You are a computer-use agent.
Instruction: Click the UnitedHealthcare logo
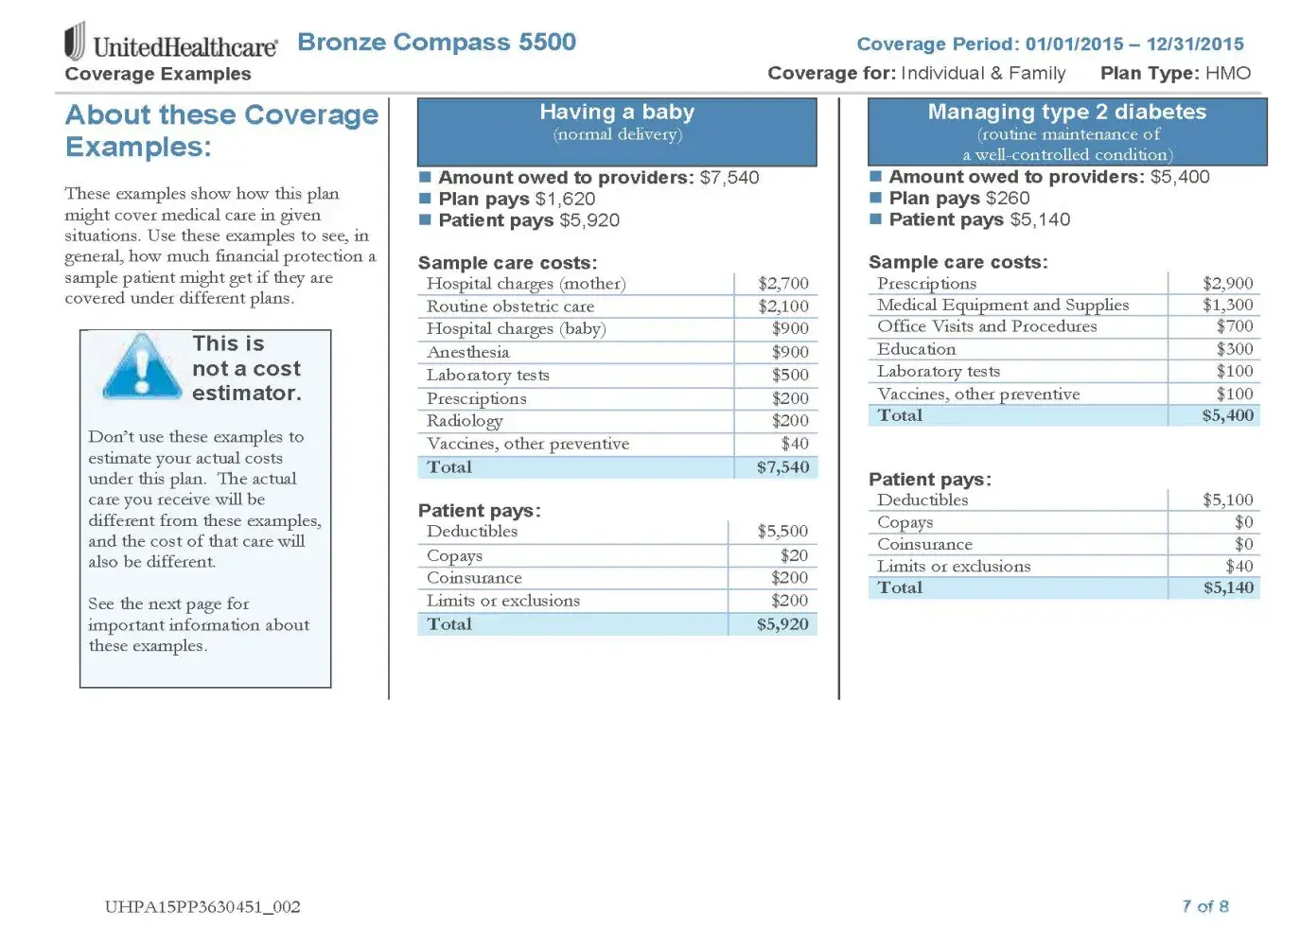(x=170, y=44)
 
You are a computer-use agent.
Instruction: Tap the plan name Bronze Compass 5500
(x=436, y=43)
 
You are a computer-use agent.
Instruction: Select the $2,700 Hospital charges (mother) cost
(x=782, y=284)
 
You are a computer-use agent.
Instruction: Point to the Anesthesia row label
(x=467, y=352)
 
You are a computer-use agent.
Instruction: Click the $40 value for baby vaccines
(x=794, y=444)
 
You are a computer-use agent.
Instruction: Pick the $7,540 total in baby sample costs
(x=782, y=467)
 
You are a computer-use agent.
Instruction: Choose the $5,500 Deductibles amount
(x=782, y=532)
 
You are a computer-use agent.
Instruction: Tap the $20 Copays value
(x=794, y=555)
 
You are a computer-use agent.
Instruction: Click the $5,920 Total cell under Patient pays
(x=782, y=624)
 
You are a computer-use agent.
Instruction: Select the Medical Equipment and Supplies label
(x=1002, y=305)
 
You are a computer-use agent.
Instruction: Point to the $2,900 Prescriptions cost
(x=1227, y=284)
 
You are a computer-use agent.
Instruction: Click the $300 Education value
(x=1234, y=349)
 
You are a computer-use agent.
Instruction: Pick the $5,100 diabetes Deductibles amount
(x=1227, y=500)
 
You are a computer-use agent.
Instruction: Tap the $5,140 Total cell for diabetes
(x=1228, y=587)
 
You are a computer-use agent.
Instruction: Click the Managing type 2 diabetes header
(x=1066, y=113)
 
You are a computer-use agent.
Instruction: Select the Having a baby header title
(x=617, y=113)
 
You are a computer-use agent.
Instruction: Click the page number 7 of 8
(x=1204, y=906)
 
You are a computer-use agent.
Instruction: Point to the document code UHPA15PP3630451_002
(x=202, y=907)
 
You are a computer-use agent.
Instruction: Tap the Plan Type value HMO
(x=1227, y=74)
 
